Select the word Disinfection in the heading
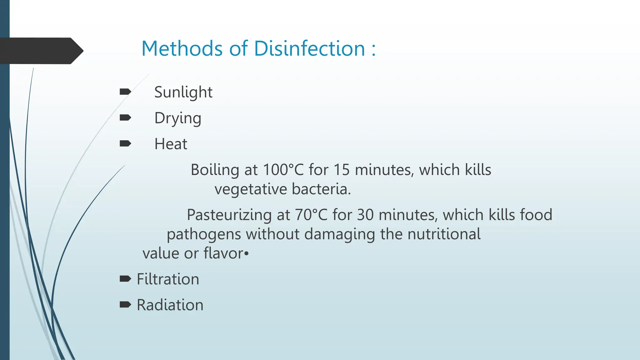pos(309,49)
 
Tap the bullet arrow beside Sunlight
pos(125,92)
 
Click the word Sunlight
pos(183,92)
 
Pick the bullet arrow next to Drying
pos(125,117)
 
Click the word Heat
pos(171,144)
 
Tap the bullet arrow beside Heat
pos(125,143)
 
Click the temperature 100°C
pos(283,170)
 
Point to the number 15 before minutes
pos(342,170)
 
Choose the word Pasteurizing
pos(229,215)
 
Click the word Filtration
pos(168,279)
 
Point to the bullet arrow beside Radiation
pos(125,304)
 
